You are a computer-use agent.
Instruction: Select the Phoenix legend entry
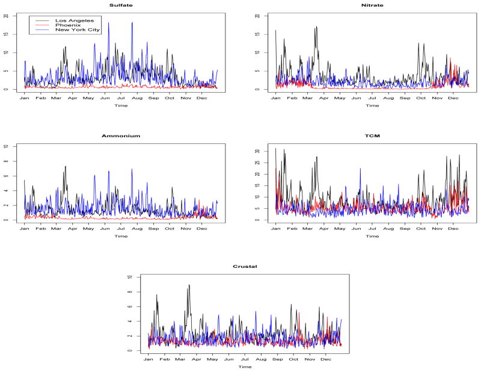click(70, 25)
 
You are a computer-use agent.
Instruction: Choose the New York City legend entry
click(79, 30)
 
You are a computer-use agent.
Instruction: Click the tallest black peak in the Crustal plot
click(189, 285)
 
